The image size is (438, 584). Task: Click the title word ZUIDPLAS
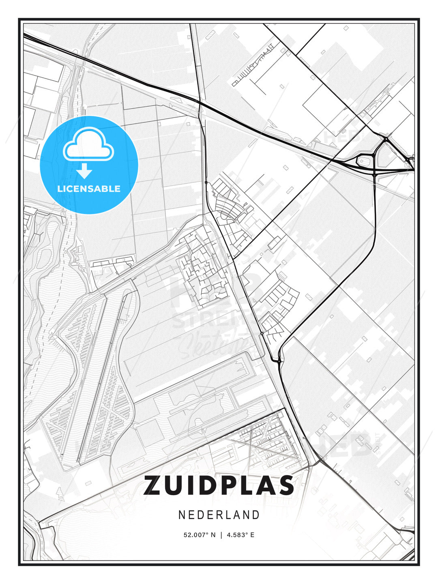coord(219,485)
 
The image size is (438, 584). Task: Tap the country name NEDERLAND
coord(219,515)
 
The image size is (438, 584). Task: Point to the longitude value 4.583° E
coord(240,535)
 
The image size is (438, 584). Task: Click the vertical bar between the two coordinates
coord(221,535)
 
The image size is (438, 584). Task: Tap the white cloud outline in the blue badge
coord(88,144)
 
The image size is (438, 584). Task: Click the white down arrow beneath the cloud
coord(84,171)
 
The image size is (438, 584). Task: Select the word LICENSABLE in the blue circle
coord(89,189)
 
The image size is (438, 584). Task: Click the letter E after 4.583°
coord(252,535)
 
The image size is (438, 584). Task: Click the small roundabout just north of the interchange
coord(386,139)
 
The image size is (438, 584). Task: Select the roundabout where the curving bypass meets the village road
coord(279,360)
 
